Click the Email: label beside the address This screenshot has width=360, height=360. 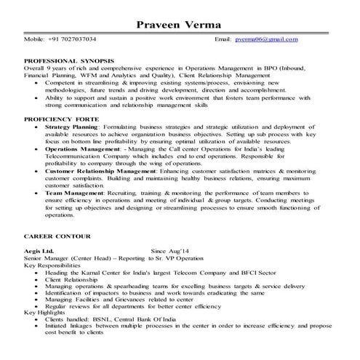coord(229,38)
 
